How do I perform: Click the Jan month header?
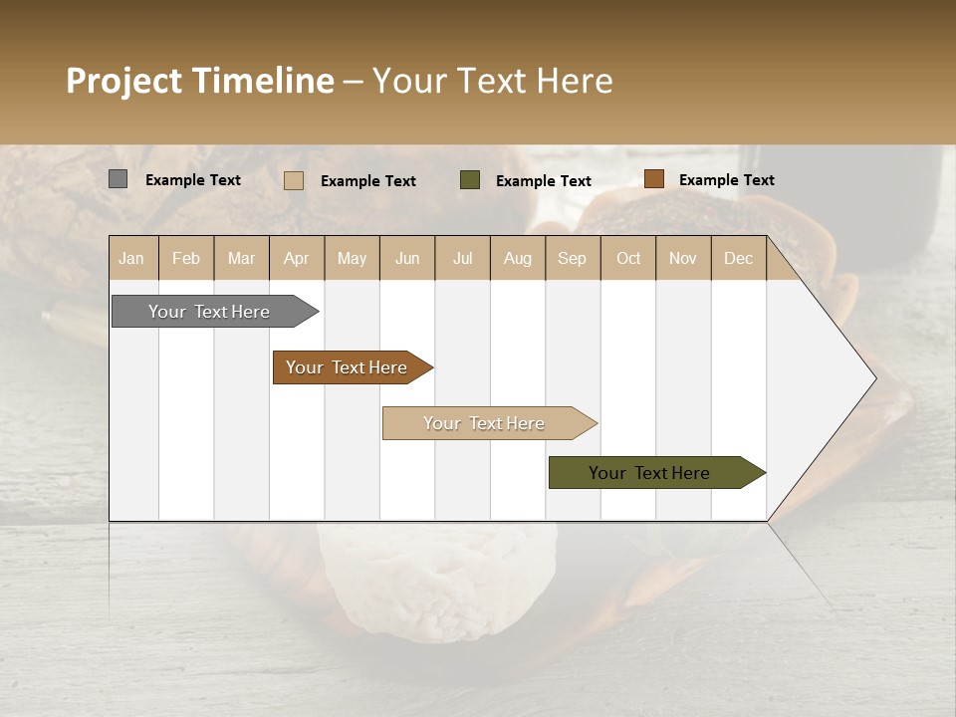pos(132,259)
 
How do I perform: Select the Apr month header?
pos(297,259)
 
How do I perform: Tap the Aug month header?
pos(518,259)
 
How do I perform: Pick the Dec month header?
pos(738,259)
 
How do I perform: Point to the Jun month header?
pos(407,259)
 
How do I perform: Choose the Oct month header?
pos(628,259)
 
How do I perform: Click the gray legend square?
pos(118,179)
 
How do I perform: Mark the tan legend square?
pos(293,180)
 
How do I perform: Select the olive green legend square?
pos(470,179)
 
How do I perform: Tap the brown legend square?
pos(653,179)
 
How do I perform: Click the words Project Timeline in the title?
pos(200,81)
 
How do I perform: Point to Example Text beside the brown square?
pos(726,180)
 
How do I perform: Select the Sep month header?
pos(573,259)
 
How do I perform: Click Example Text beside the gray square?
pos(193,180)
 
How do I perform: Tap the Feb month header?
pos(186,259)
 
